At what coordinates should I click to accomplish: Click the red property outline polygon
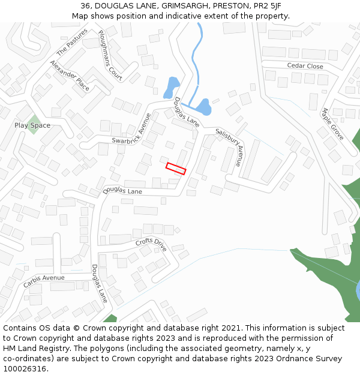coord(176,169)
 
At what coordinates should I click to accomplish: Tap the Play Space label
coord(32,125)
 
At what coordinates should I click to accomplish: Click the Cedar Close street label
coord(305,66)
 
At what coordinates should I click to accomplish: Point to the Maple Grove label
coord(332,124)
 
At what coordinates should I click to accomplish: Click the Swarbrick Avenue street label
coord(131,133)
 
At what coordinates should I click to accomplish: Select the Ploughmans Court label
coord(110,55)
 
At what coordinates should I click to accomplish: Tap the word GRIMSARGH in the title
coord(183,6)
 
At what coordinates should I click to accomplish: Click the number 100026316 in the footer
coord(25,369)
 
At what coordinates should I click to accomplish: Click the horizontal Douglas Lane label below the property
coord(122,191)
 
